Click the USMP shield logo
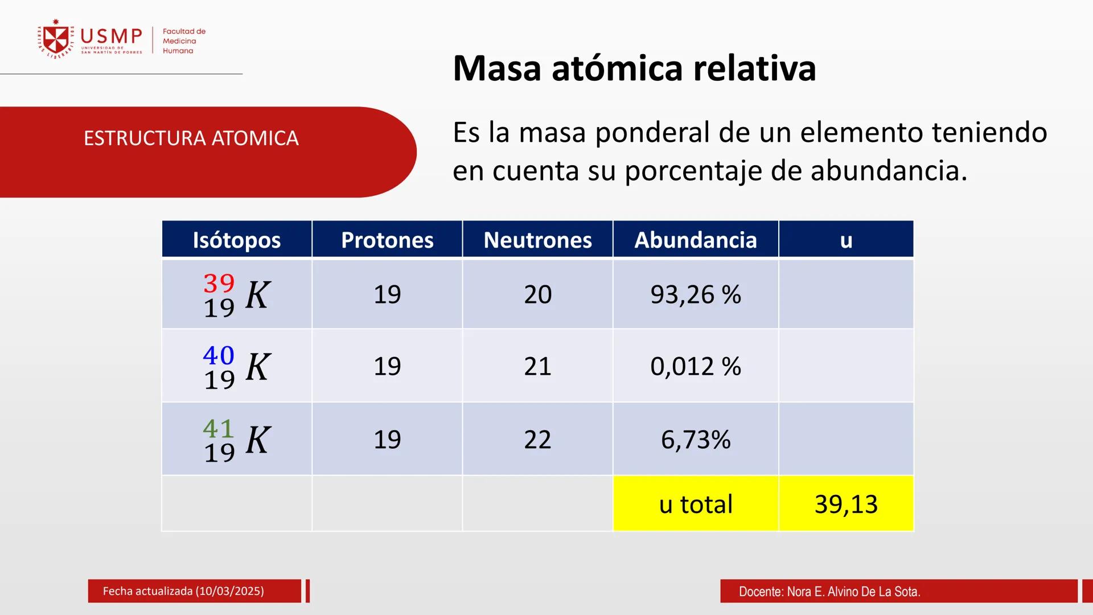point(56,39)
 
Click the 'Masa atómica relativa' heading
point(634,68)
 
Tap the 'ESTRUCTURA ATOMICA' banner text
point(191,138)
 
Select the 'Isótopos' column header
point(236,240)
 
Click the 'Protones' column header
point(387,240)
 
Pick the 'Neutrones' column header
point(537,240)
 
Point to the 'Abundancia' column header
point(695,240)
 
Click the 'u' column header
point(846,240)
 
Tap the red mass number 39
point(219,283)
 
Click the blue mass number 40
point(219,355)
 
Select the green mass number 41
point(219,428)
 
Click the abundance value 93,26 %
point(695,294)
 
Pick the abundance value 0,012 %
point(695,366)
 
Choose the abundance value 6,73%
point(695,440)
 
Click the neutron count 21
point(537,366)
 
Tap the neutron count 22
point(537,440)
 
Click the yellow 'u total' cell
point(695,504)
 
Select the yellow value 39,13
point(846,504)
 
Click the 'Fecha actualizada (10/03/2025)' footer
point(183,591)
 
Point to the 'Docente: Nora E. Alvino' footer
point(829,592)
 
